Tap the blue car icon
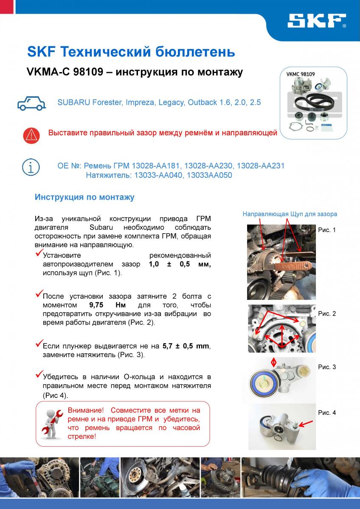click(x=31, y=103)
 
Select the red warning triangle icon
click(x=31, y=134)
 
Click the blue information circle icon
click(x=31, y=168)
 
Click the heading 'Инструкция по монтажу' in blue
click(x=84, y=197)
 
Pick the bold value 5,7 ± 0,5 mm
click(x=186, y=346)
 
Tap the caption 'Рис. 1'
click(x=327, y=230)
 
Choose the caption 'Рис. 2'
click(x=327, y=314)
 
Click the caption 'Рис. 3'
click(x=327, y=366)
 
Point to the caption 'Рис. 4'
click(x=327, y=412)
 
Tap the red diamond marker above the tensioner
click(x=273, y=362)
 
